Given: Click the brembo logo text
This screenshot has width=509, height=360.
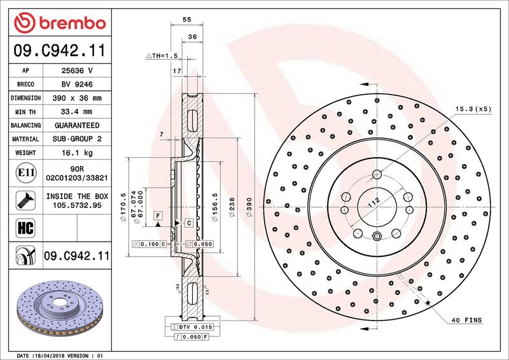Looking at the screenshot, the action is click(x=73, y=24).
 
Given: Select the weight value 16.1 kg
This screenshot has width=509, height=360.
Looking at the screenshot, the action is click(x=77, y=153).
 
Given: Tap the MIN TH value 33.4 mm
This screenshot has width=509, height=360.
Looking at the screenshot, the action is click(x=77, y=112).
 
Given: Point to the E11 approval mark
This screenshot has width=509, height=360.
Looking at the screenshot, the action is click(x=25, y=172).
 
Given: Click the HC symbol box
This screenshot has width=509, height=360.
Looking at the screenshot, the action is click(x=25, y=228).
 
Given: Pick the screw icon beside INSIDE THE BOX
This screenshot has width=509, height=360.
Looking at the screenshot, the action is click(x=25, y=200).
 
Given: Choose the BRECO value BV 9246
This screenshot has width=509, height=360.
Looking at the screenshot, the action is click(x=77, y=85).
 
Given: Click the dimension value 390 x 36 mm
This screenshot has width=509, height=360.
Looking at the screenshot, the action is click(x=77, y=98).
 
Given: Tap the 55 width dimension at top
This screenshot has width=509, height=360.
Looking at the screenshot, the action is click(x=186, y=20).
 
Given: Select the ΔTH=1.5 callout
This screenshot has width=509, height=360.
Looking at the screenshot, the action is click(x=162, y=56).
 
